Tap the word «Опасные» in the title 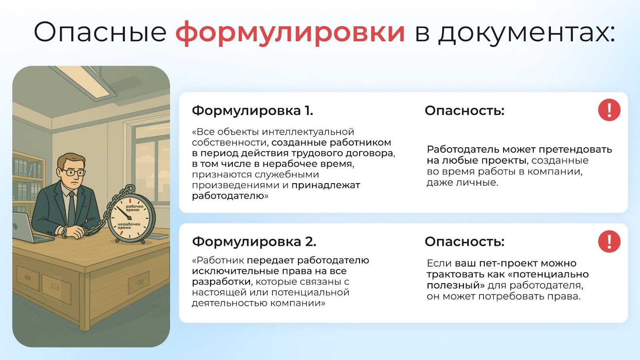click(x=100, y=32)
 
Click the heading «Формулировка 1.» click(x=252, y=110)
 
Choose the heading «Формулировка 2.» click(x=254, y=242)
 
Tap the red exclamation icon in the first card click(x=609, y=110)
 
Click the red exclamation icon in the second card click(x=609, y=242)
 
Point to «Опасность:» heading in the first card click(x=464, y=110)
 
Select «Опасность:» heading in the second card click(x=464, y=242)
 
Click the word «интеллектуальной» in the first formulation click(x=308, y=132)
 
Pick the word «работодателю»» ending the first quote click(x=230, y=196)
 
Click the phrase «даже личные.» click(x=462, y=182)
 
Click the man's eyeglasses click(x=72, y=172)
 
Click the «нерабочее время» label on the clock click(x=129, y=226)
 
